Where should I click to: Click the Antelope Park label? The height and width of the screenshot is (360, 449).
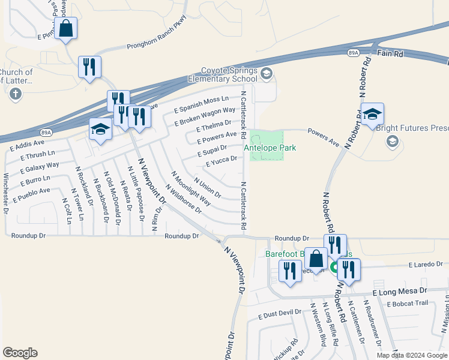270,148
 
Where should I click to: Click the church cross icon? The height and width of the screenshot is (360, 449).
16,94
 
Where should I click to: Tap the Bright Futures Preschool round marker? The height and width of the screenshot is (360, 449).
393,141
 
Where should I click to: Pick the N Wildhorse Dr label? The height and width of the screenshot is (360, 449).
186,200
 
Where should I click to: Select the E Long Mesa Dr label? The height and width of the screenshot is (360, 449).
399,291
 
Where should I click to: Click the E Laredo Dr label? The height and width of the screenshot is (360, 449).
426,264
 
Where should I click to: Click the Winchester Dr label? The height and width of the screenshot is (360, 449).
6,193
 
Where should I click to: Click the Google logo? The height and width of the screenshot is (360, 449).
20,353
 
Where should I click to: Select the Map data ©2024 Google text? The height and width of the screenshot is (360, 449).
411,355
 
